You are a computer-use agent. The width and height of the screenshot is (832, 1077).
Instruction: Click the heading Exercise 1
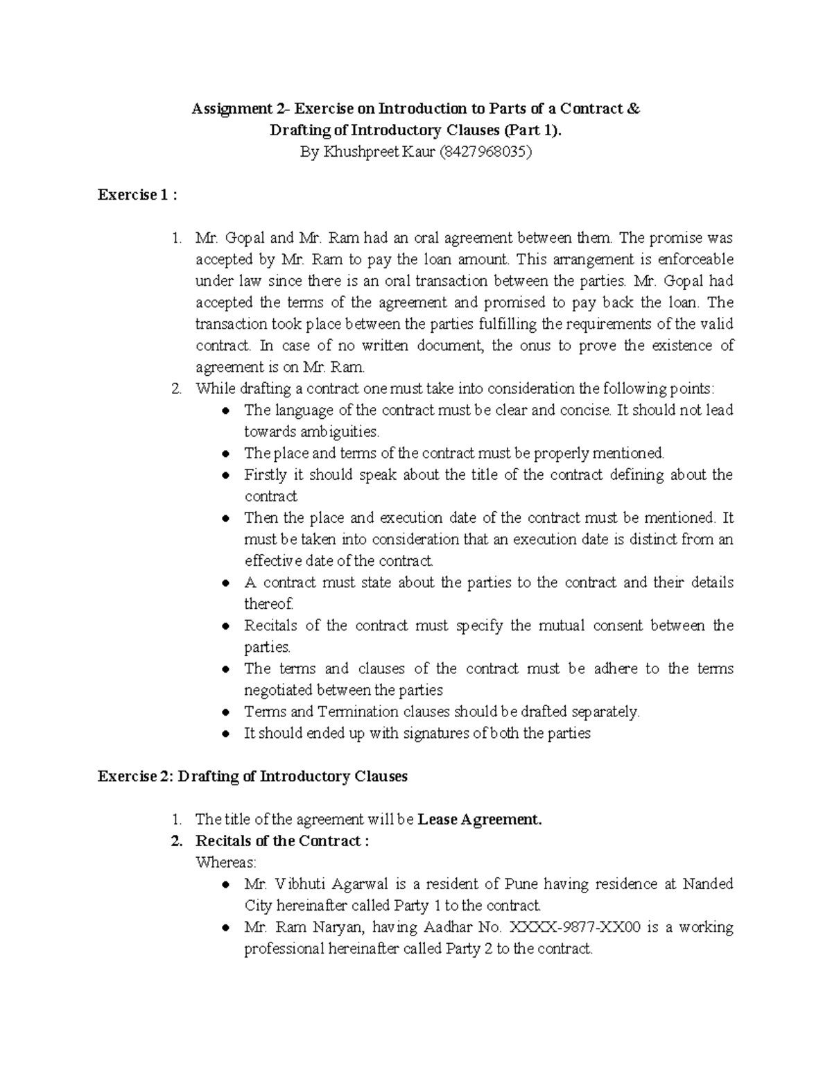[137, 195]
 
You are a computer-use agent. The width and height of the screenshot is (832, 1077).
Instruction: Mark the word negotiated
[279, 690]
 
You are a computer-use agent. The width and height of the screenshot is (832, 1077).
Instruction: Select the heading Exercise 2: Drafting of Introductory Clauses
[252, 776]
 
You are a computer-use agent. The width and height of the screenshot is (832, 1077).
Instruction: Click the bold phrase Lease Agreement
[479, 820]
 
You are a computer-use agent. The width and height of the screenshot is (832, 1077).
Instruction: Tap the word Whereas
[226, 863]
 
